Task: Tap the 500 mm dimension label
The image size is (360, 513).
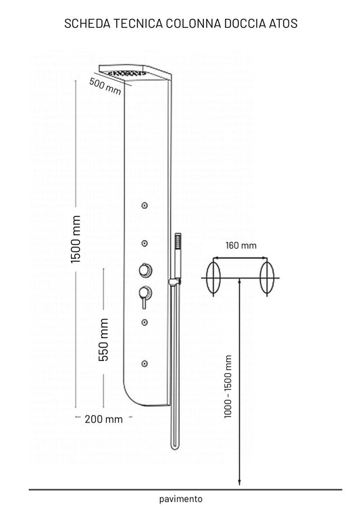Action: (105, 87)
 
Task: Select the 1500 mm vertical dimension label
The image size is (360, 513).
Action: (76, 239)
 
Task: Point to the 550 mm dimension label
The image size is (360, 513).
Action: (103, 339)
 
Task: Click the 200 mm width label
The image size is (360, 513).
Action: (103, 419)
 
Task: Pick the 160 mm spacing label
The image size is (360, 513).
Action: (241, 245)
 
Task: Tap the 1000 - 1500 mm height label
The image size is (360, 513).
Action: (228, 387)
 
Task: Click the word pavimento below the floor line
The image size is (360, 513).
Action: (181, 499)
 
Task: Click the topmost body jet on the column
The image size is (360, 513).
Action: (144, 205)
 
